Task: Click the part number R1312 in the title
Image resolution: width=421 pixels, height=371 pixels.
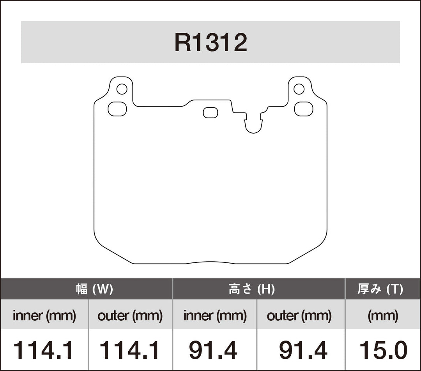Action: pyautogui.click(x=210, y=43)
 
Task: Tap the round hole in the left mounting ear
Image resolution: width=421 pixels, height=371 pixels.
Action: pyautogui.click(x=122, y=89)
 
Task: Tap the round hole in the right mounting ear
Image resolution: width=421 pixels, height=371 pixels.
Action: pyautogui.click(x=299, y=89)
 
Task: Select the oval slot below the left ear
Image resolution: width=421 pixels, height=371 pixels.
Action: pyautogui.click(x=117, y=109)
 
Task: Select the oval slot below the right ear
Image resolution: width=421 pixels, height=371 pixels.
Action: pyautogui.click(x=304, y=109)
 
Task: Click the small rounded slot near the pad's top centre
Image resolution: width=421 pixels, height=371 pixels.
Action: pyautogui.click(x=210, y=112)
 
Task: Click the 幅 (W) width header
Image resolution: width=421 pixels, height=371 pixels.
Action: pyautogui.click(x=94, y=289)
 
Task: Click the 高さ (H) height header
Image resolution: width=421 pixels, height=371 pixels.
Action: pyautogui.click(x=251, y=289)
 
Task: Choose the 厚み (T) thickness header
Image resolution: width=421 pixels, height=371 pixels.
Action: pyautogui.click(x=380, y=289)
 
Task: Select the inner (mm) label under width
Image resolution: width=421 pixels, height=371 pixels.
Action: pyautogui.click(x=44, y=316)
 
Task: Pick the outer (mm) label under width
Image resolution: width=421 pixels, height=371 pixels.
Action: pyautogui.click(x=130, y=316)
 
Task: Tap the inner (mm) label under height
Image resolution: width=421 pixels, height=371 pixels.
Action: pyautogui.click(x=215, y=316)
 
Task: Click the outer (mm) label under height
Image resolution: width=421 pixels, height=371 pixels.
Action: pyautogui.click(x=299, y=316)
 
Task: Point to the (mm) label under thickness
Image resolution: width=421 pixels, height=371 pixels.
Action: pyautogui.click(x=383, y=316)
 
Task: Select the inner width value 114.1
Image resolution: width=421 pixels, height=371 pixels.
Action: pyautogui.click(x=43, y=350)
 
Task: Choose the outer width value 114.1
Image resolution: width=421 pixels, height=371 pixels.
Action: pyautogui.click(x=130, y=350)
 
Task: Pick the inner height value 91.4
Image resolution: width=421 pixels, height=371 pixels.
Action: pyautogui.click(x=213, y=350)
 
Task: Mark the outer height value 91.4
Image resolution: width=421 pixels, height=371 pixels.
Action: pyautogui.click(x=303, y=350)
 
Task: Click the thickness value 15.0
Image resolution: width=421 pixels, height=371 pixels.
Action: pyautogui.click(x=383, y=350)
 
